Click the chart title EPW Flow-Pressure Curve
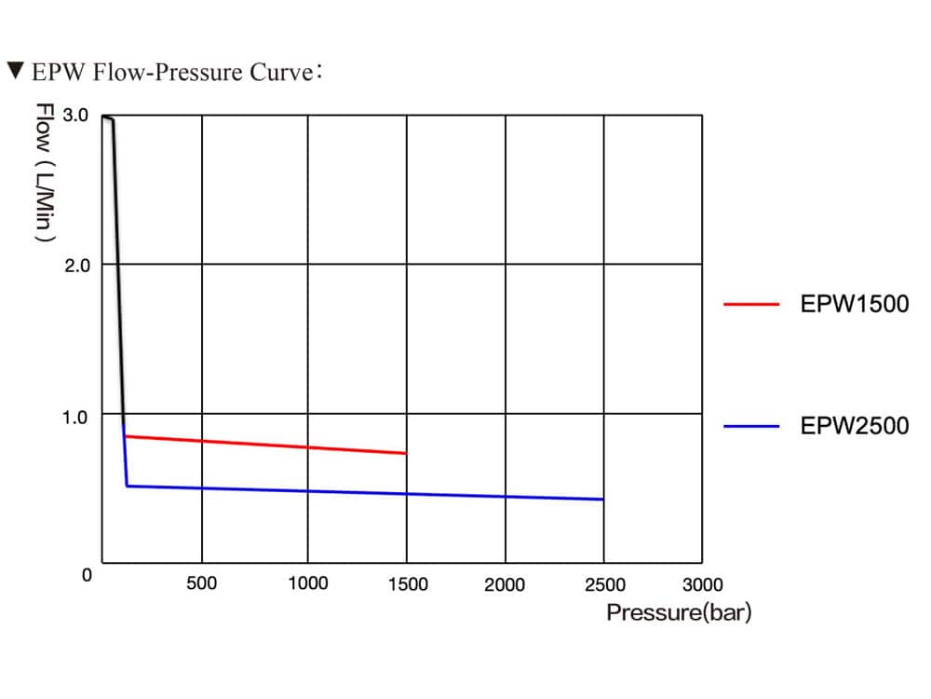[177, 72]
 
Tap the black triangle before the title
[15, 70]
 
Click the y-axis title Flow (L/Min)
[43, 172]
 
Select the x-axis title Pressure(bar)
[678, 612]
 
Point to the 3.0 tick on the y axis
[75, 116]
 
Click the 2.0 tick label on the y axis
[75, 265]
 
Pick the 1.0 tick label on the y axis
[75, 416]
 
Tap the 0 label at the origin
[87, 575]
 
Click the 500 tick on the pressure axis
[201, 584]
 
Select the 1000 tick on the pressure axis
[307, 584]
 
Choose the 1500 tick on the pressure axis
[407, 584]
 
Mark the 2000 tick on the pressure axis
[505, 584]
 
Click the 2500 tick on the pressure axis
[604, 584]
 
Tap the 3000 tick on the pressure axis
[702, 584]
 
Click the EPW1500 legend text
[854, 304]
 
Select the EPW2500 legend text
[854, 427]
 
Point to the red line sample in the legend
[750, 304]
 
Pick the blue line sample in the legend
[750, 427]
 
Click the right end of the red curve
[406, 453]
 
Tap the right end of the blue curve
[603, 500]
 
